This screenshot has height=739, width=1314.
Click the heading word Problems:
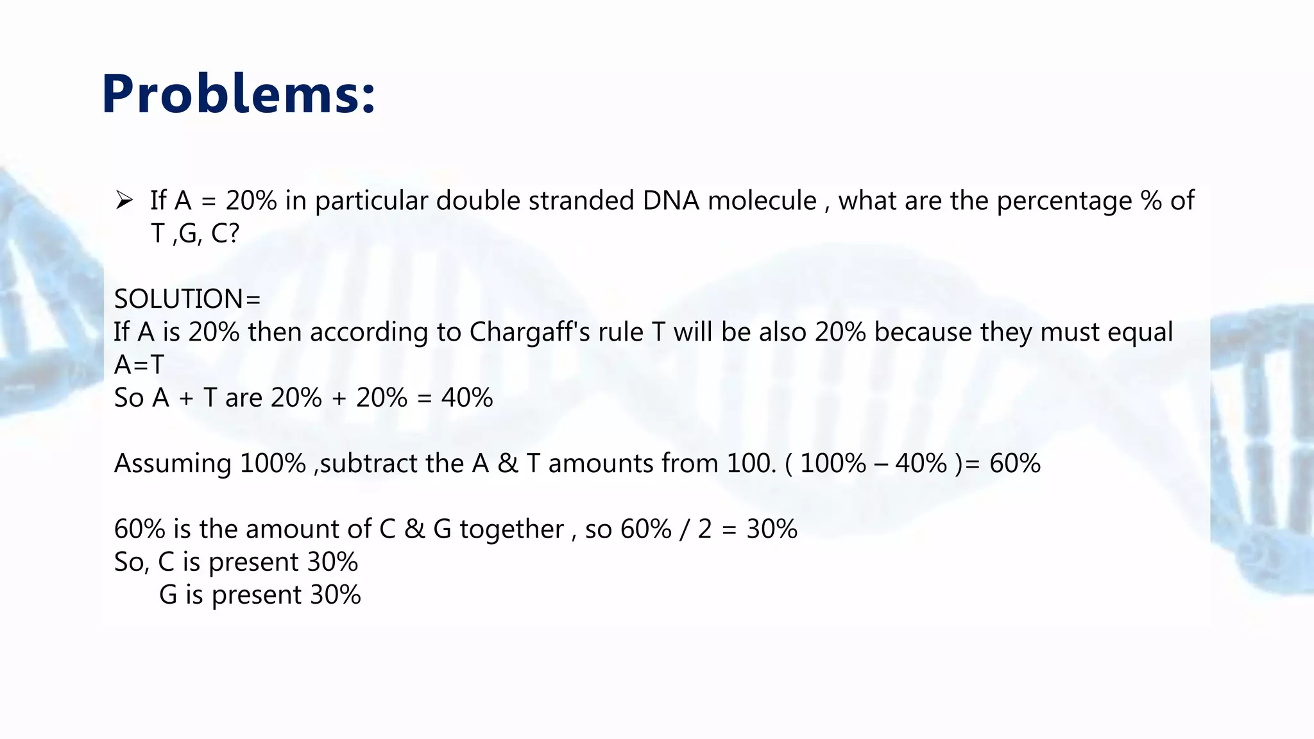(238, 94)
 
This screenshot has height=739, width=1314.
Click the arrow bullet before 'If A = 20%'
(124, 201)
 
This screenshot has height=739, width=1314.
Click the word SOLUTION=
(187, 299)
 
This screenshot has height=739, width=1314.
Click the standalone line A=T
(139, 365)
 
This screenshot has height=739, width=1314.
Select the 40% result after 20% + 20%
(467, 398)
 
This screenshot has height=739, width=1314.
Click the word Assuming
(173, 464)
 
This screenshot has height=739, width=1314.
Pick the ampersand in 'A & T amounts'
(508, 464)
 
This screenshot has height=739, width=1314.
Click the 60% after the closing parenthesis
(1015, 464)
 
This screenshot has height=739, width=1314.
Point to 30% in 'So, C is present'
(332, 562)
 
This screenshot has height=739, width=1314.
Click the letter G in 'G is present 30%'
(168, 595)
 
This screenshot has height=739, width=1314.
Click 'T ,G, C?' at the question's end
(194, 234)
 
